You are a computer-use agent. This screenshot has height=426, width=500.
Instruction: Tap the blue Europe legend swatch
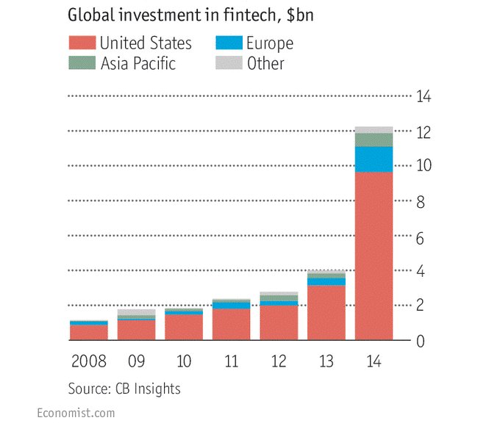[229, 43]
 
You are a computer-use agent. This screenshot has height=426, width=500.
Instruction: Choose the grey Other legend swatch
[229, 63]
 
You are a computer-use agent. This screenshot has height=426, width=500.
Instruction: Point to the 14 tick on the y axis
[424, 97]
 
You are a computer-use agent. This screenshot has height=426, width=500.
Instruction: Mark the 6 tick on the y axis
[420, 237]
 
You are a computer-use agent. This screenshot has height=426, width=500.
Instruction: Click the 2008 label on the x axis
[88, 362]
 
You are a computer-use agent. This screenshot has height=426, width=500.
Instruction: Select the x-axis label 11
[231, 362]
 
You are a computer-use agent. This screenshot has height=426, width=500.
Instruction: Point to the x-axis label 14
[374, 362]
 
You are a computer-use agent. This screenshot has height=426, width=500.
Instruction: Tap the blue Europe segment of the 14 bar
[374, 159]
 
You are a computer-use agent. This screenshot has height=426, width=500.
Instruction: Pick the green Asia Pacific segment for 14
[374, 140]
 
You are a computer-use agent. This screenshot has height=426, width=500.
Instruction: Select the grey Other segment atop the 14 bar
[374, 130]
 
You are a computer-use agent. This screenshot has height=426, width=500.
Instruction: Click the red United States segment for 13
[326, 313]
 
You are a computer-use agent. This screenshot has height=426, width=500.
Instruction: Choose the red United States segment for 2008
[88, 333]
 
